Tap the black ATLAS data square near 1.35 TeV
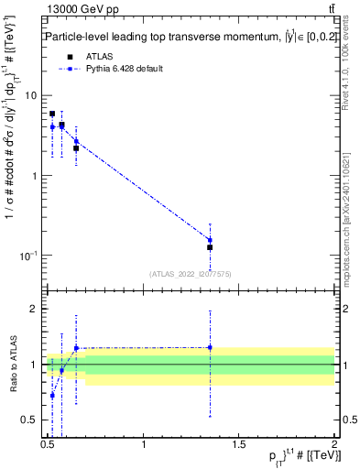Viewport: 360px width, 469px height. coord(210,247)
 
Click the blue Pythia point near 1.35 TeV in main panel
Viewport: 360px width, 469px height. coord(210,240)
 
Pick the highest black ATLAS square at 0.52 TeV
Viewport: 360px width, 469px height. coord(52,115)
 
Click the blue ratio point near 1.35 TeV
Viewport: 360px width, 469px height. coord(210,347)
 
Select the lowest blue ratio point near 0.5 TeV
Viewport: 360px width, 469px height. coord(52,395)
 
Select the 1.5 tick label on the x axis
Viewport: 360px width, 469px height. coord(239,446)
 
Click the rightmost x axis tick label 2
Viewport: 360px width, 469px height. coord(334,446)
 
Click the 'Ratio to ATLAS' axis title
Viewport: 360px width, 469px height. coord(11,365)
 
